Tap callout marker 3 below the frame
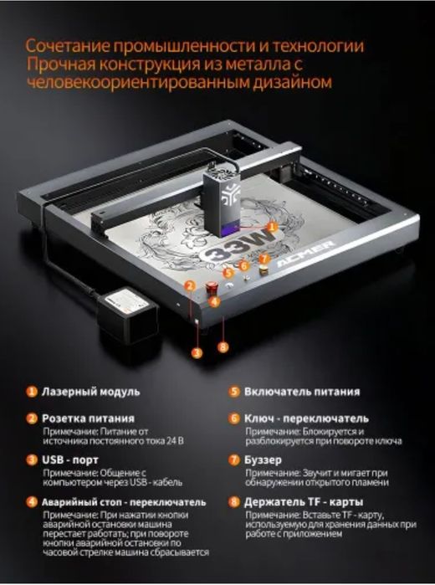point(196,352)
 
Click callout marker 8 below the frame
point(223,346)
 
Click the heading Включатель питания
point(302,392)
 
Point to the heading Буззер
point(267,459)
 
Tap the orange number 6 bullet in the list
point(234,418)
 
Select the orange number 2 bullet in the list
point(31,418)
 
